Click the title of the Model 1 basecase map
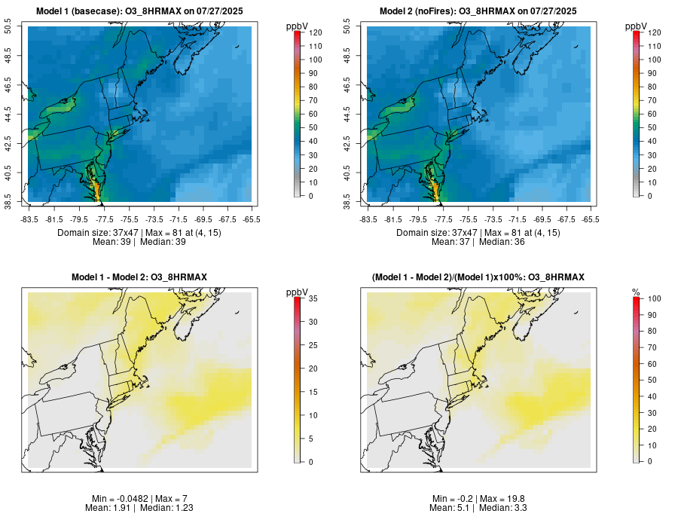(139, 11)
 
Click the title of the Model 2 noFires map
(478, 11)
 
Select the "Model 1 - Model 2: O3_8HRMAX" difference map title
(139, 277)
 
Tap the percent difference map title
(478, 277)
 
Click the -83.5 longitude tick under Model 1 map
(29, 219)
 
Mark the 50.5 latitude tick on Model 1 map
(9, 27)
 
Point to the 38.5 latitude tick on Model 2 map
(348, 201)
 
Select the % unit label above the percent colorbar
(636, 292)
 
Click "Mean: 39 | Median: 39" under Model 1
(139, 243)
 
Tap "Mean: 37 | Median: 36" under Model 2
(478, 243)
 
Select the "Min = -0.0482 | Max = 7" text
(139, 499)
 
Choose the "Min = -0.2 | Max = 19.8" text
(478, 499)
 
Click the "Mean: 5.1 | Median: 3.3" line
(478, 509)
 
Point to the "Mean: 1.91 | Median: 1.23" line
(139, 509)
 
